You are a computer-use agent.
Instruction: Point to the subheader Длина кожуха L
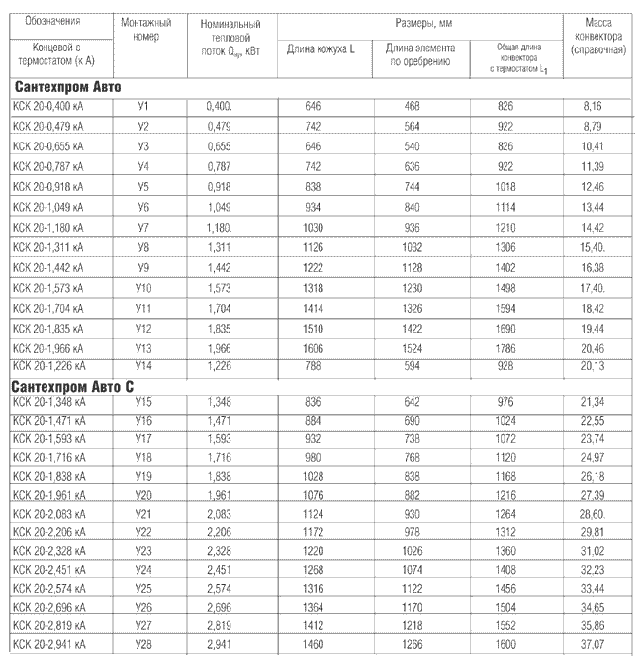pyautogui.click(x=320, y=49)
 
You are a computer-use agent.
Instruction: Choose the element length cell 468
pyautogui.click(x=416, y=104)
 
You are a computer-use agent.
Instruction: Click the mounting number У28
pyautogui.click(x=145, y=645)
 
